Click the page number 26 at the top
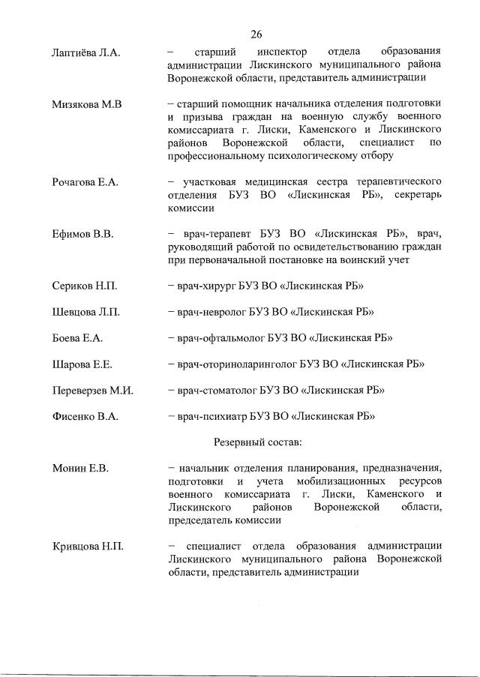(256, 34)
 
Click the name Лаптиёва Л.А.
(86, 52)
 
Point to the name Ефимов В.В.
(82, 235)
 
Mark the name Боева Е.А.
(77, 338)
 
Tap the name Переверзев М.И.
(92, 390)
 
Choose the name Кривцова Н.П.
(87, 546)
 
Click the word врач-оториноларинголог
(237, 364)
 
